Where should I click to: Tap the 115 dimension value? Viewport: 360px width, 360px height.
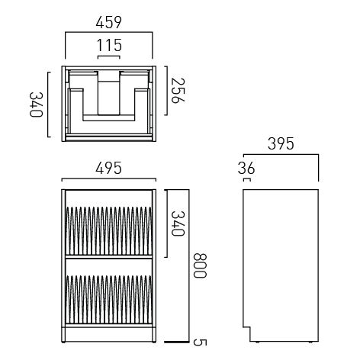click(x=109, y=46)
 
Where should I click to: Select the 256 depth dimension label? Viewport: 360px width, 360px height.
click(x=178, y=93)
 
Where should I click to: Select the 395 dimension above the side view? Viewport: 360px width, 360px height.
click(x=282, y=143)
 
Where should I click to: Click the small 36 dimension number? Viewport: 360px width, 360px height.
click(x=245, y=169)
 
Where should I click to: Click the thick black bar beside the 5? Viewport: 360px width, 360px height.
click(x=176, y=342)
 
